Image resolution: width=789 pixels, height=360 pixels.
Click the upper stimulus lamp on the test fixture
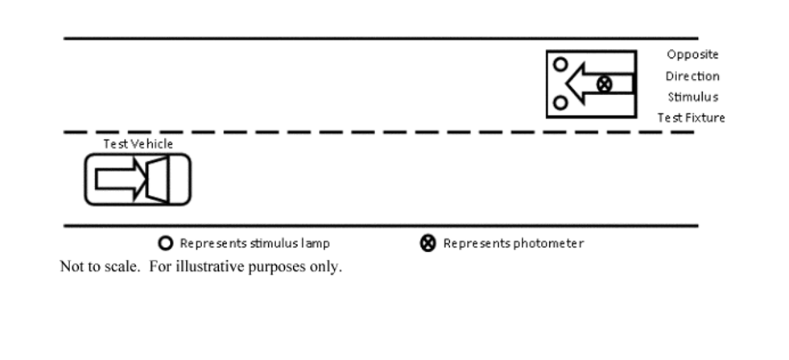point(560,59)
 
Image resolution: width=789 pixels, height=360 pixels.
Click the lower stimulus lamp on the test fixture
point(560,97)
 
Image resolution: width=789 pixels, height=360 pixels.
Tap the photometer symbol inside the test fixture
point(605,84)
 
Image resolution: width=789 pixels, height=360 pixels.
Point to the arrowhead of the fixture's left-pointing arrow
point(567,84)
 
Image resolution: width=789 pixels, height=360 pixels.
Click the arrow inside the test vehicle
point(121,179)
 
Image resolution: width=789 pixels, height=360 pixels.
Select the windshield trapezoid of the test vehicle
point(158,180)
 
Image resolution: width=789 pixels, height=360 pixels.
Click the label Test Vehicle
point(138,144)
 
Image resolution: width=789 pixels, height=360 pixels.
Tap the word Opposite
point(692,55)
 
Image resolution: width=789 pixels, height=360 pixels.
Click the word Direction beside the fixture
point(692,76)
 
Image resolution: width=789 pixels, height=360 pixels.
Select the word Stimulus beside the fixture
point(693,97)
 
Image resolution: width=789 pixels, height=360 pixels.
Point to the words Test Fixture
point(692,118)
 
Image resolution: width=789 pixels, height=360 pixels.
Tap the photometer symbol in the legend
point(428,243)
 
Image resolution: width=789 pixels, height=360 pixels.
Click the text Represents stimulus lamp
point(254,244)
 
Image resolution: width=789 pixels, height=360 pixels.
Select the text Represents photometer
point(514,244)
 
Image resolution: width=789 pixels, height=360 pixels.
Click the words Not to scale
point(100,267)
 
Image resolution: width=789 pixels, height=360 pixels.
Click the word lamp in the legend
point(316,244)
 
